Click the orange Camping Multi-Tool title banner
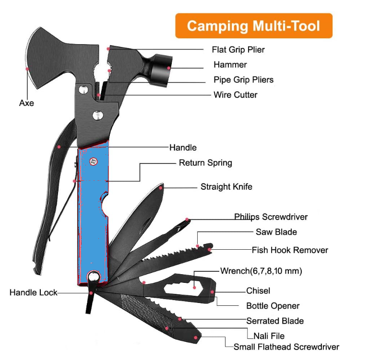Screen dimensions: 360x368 coord(253,26)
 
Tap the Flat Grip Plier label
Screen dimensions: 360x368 coord(238,49)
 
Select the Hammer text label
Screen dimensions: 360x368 coord(230,65)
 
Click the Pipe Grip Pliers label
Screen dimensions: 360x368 coord(243,80)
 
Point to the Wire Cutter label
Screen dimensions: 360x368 coord(235,95)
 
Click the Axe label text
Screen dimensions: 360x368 coord(27,103)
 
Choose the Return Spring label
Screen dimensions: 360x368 coord(205,163)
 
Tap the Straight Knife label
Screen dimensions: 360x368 coord(226,187)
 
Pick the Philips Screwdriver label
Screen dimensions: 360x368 coord(271,217)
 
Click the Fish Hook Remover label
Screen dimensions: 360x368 coord(290,250)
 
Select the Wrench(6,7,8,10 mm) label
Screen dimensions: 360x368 coord(261,271)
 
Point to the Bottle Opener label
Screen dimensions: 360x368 coord(273,306)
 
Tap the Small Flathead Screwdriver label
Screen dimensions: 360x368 coord(286,347)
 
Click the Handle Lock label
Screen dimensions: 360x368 coord(33,292)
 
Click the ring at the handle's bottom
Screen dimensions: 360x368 coord(93,277)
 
